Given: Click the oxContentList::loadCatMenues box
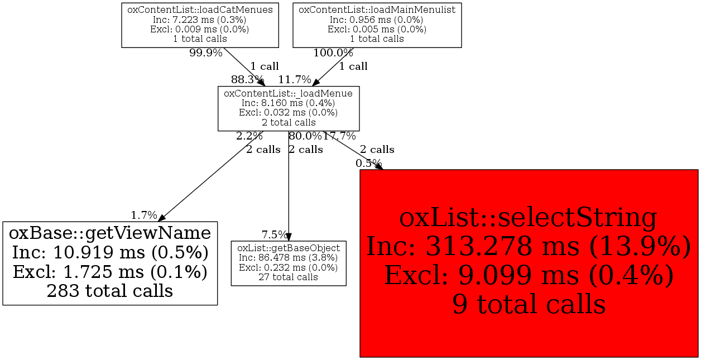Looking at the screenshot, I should click(x=200, y=25).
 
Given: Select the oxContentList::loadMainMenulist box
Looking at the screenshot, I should click(x=377, y=25).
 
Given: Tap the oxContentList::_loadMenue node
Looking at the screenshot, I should click(x=288, y=108).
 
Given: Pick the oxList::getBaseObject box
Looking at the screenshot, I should click(x=289, y=263).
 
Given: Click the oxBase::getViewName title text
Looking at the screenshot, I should click(x=110, y=232).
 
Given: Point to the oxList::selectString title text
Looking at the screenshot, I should click(x=529, y=218).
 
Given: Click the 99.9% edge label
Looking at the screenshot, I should click(x=206, y=53).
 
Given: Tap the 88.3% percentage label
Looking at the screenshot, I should click(x=247, y=79).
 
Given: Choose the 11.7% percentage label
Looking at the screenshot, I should click(x=295, y=79).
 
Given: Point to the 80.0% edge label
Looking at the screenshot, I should click(x=305, y=136).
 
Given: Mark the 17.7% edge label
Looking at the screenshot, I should click(x=339, y=136).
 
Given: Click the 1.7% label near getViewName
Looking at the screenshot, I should click(x=144, y=215).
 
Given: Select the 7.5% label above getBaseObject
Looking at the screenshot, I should click(x=275, y=234).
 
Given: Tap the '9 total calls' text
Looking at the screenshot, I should click(x=529, y=304).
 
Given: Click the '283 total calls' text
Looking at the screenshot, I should click(x=110, y=291).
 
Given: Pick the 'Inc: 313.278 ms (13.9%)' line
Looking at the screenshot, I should click(x=529, y=247).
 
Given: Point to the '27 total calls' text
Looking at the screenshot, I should click(x=289, y=277).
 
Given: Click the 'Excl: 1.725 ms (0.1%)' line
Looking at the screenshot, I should click(x=110, y=272).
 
